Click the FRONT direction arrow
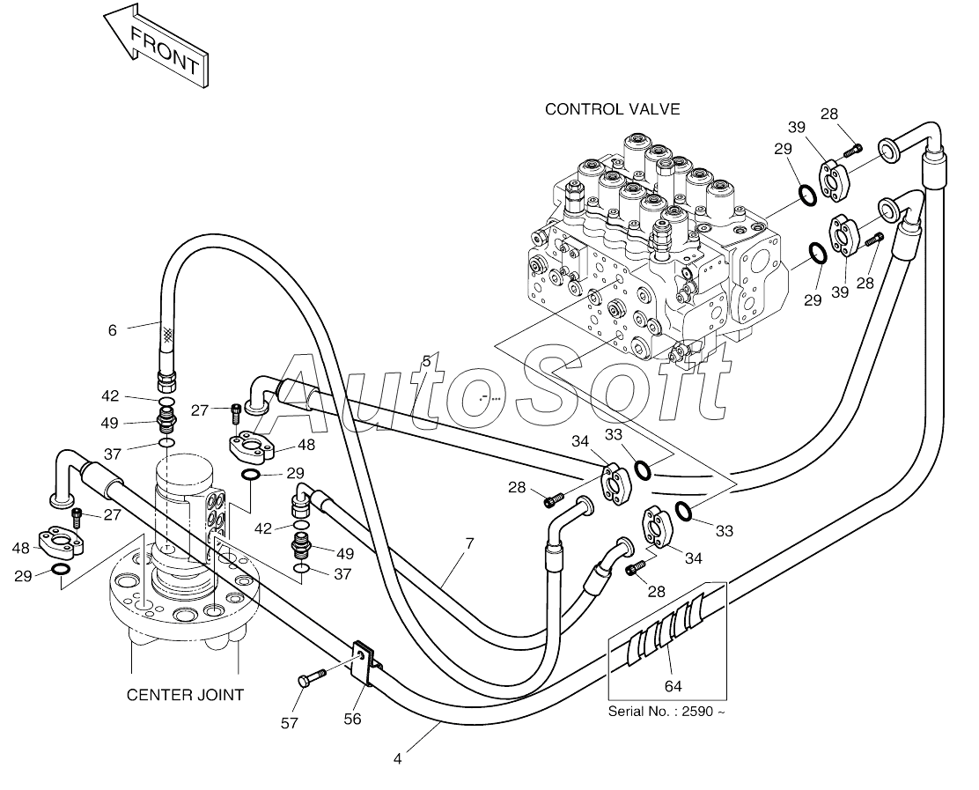click(x=156, y=46)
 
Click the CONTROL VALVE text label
click(x=613, y=109)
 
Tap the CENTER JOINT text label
click(x=185, y=695)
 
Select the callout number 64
click(x=673, y=686)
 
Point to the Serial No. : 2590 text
click(x=666, y=712)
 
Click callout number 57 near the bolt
click(x=289, y=723)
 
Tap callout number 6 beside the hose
click(x=113, y=330)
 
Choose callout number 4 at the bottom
click(x=398, y=759)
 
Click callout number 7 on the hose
click(x=469, y=543)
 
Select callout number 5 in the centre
click(x=426, y=361)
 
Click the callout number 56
click(x=353, y=719)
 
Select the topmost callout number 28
click(x=829, y=114)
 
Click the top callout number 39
click(x=797, y=128)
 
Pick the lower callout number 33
click(x=725, y=531)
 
